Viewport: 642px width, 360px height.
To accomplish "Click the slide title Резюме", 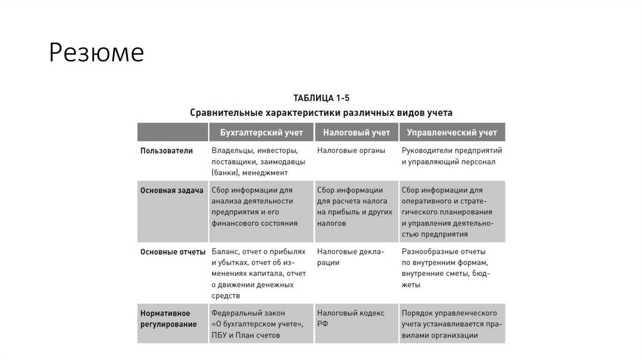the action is point(97,53).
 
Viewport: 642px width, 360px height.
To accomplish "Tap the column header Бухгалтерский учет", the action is point(261,132).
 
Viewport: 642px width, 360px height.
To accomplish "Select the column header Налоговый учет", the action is point(356,132).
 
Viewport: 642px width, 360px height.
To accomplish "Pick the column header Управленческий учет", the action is point(451,132).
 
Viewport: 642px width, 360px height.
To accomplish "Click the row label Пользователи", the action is point(167,151).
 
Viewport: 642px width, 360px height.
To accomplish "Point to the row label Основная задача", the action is point(172,191).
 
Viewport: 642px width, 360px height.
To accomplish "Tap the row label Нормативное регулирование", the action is point(169,318).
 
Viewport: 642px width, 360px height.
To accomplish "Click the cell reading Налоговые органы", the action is point(351,151).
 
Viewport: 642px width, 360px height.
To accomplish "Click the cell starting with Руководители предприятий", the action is point(451,156).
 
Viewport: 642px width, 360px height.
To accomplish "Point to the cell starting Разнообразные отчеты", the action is point(446,268).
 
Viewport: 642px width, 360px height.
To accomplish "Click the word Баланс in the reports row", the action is point(225,251).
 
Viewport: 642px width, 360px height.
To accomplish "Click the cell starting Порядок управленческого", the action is point(451,324).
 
